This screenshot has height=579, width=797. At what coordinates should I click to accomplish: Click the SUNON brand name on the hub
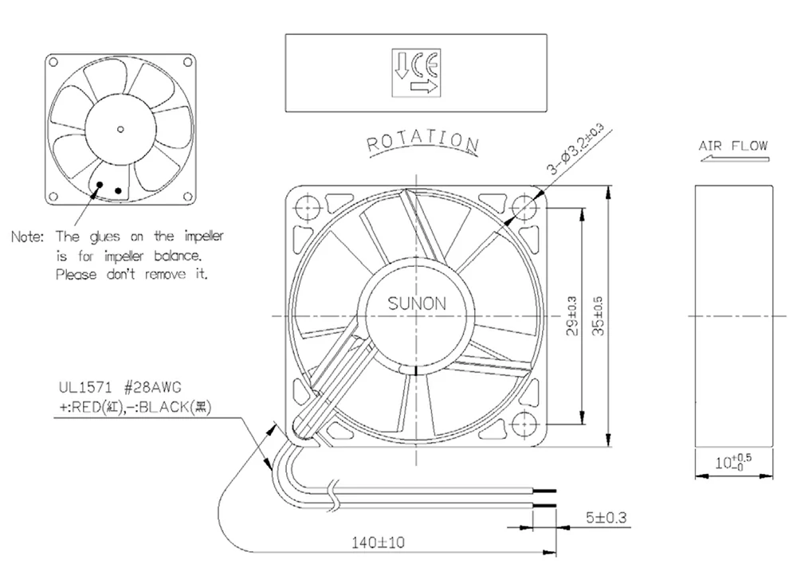point(417,303)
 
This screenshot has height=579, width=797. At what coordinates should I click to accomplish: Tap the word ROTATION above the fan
point(422,142)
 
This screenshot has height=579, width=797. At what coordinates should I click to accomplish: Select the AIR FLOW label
point(732,146)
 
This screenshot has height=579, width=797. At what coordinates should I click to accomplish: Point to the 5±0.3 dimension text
point(605,518)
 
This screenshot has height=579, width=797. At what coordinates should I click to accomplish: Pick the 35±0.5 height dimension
point(599,315)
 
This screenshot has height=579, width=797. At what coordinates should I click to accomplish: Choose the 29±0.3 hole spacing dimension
point(571,315)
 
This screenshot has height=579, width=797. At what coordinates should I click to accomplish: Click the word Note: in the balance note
point(29,237)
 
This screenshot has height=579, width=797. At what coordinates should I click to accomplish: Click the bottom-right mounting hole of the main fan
point(527,424)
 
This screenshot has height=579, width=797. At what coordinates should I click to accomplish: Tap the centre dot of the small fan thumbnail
point(120,128)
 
